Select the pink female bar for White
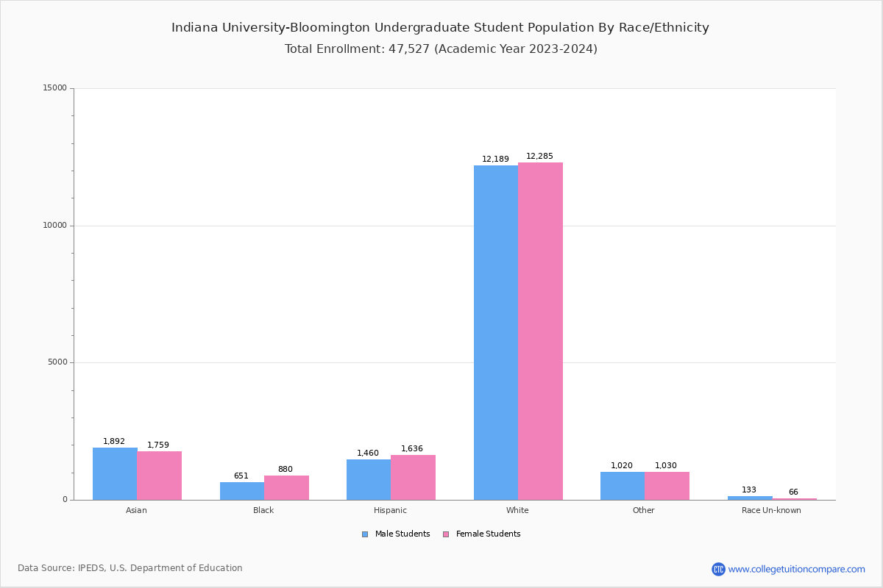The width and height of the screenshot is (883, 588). coord(540,331)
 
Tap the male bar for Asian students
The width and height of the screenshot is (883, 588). coord(115,473)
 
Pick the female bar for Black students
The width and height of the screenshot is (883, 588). coord(286,487)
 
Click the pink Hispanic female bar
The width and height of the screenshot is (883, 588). coord(413,477)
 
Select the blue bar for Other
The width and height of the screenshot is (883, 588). coord(623,486)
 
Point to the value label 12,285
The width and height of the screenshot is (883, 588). coord(539,156)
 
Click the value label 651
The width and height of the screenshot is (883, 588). coord(241,476)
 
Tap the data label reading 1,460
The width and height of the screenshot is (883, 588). coord(368,453)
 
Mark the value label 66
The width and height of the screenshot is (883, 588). coord(793,492)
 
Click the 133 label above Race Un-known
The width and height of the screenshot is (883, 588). coord(749,490)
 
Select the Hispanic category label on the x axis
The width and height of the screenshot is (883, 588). coord(390,510)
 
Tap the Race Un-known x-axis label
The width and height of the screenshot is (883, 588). coord(771,510)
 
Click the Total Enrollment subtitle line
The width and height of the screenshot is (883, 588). coord(441,49)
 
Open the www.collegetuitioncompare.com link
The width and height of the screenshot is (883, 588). coord(796,569)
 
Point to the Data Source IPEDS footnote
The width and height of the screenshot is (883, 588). coord(130,568)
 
